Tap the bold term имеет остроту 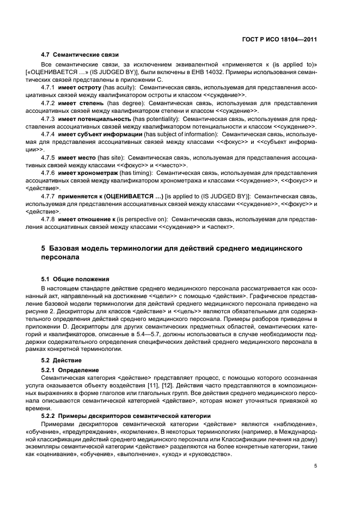[81, 88]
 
